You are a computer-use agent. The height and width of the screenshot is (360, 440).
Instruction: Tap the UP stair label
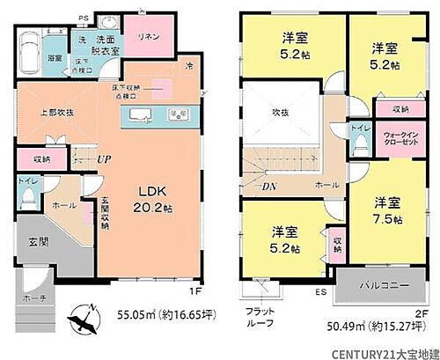(103, 159)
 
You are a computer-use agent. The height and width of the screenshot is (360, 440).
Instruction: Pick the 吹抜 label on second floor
(280, 112)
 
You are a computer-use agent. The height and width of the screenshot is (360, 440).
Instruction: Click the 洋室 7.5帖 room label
(389, 209)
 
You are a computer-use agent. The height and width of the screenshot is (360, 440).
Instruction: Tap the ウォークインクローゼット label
(400, 141)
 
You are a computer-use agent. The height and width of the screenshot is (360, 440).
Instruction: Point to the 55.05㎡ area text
(167, 312)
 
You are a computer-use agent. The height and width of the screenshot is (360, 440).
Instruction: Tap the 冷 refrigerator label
(187, 67)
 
